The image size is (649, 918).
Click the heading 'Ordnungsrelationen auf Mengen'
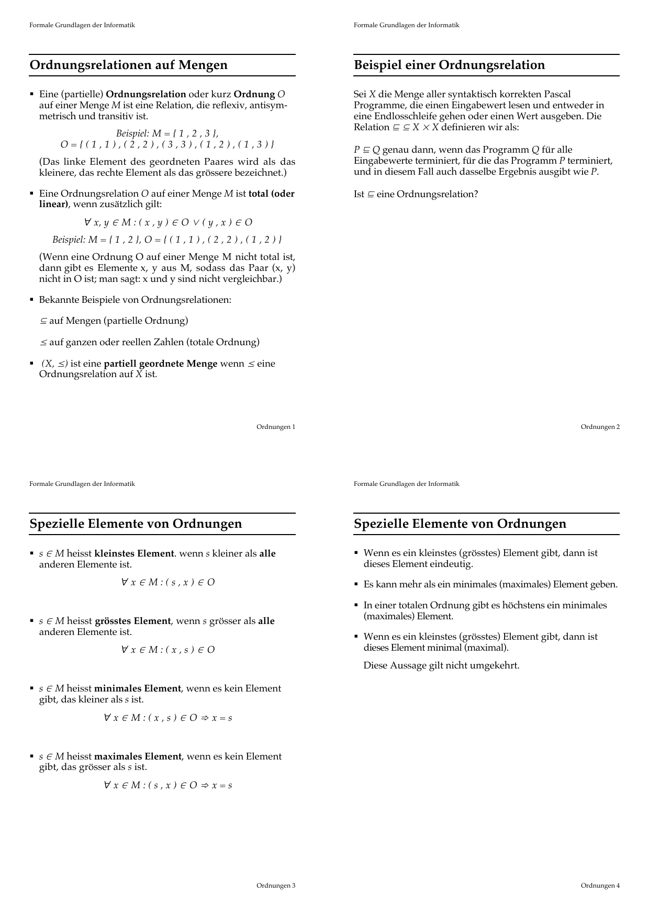(x=129, y=65)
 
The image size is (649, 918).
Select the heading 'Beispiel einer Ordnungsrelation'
(x=449, y=65)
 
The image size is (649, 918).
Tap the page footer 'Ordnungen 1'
(x=275, y=427)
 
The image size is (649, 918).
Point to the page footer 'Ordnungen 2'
(x=600, y=427)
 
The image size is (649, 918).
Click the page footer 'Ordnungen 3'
(x=275, y=886)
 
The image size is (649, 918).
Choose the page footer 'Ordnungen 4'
(x=600, y=886)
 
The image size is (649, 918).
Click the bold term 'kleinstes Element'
(x=134, y=553)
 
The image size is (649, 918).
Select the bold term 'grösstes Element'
(x=132, y=621)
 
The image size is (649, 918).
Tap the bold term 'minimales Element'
(x=137, y=688)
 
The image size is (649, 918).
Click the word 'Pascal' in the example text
(x=557, y=95)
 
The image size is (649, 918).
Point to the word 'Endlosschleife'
(x=402, y=116)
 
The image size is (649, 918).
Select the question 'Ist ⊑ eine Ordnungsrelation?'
(x=416, y=195)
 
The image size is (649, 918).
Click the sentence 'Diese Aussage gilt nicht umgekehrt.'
(x=441, y=666)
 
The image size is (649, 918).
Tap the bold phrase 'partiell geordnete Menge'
(x=161, y=364)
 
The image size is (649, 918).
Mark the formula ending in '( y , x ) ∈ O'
(x=168, y=222)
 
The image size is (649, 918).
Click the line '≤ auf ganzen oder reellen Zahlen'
(x=150, y=342)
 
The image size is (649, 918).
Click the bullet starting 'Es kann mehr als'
(x=490, y=584)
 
